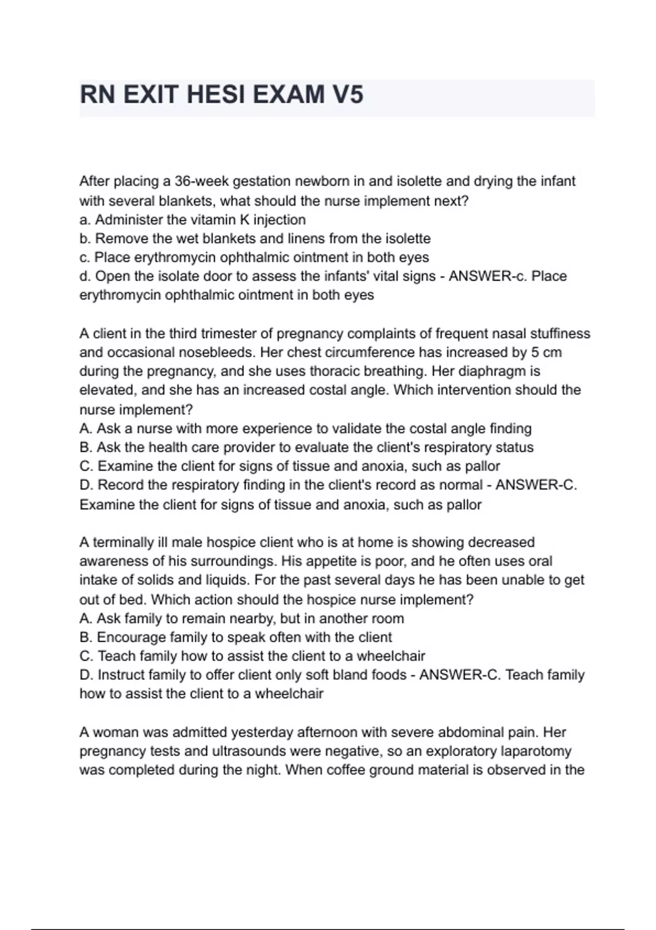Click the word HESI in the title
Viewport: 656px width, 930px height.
(218, 95)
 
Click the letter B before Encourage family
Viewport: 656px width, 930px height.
(85, 637)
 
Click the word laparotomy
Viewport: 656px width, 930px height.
(536, 751)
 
